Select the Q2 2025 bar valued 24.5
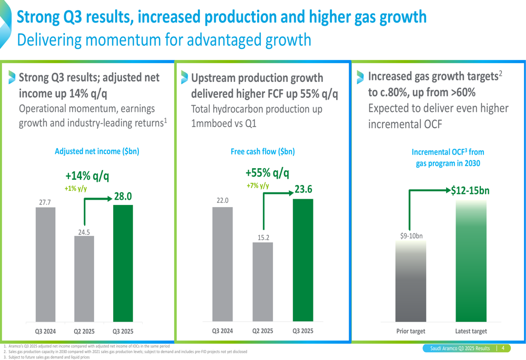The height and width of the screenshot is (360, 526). click(x=84, y=279)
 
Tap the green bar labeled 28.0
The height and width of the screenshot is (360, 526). click(x=123, y=263)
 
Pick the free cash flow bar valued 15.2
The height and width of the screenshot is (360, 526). click(x=262, y=281)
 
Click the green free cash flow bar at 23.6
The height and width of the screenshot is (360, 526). click(x=302, y=260)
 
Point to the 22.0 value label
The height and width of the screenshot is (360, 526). click(x=222, y=200)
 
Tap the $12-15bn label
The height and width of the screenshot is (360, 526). click(x=470, y=190)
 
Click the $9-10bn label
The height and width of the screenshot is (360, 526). click(x=411, y=236)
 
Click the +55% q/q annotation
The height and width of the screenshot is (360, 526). click(x=267, y=173)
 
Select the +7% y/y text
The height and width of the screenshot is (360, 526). click(x=257, y=186)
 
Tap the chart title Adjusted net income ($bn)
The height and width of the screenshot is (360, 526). click(x=97, y=151)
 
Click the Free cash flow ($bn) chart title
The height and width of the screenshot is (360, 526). click(x=262, y=151)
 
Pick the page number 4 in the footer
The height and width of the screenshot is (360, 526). click(x=503, y=348)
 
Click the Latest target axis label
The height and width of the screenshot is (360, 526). click(x=471, y=331)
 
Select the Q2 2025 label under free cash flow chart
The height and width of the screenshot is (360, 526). click(x=262, y=331)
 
